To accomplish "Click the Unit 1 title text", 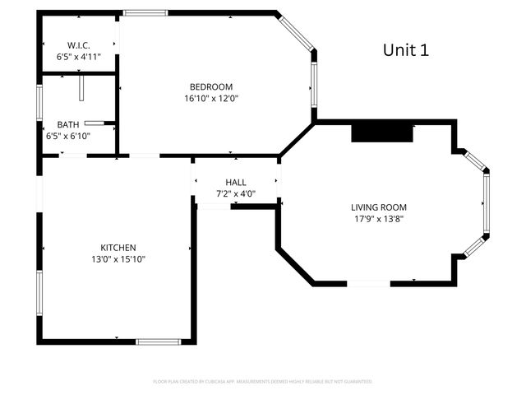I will (405, 49).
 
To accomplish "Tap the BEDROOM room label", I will (211, 87).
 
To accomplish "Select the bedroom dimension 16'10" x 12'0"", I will (211, 98).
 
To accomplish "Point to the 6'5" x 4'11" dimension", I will (78, 58).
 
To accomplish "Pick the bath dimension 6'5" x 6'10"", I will (68, 136).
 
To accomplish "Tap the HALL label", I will (236, 183).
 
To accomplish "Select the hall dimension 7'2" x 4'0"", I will (236, 194).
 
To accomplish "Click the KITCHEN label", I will (118, 248).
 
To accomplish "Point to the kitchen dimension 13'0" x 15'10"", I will (118, 259).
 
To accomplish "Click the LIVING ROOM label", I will (379, 207).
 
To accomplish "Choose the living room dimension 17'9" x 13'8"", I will (379, 219).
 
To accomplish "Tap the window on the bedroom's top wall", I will (145, 13).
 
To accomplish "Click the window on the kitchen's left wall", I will (39, 292).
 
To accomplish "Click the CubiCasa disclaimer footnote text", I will (263, 382).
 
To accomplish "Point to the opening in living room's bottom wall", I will (369, 284).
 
